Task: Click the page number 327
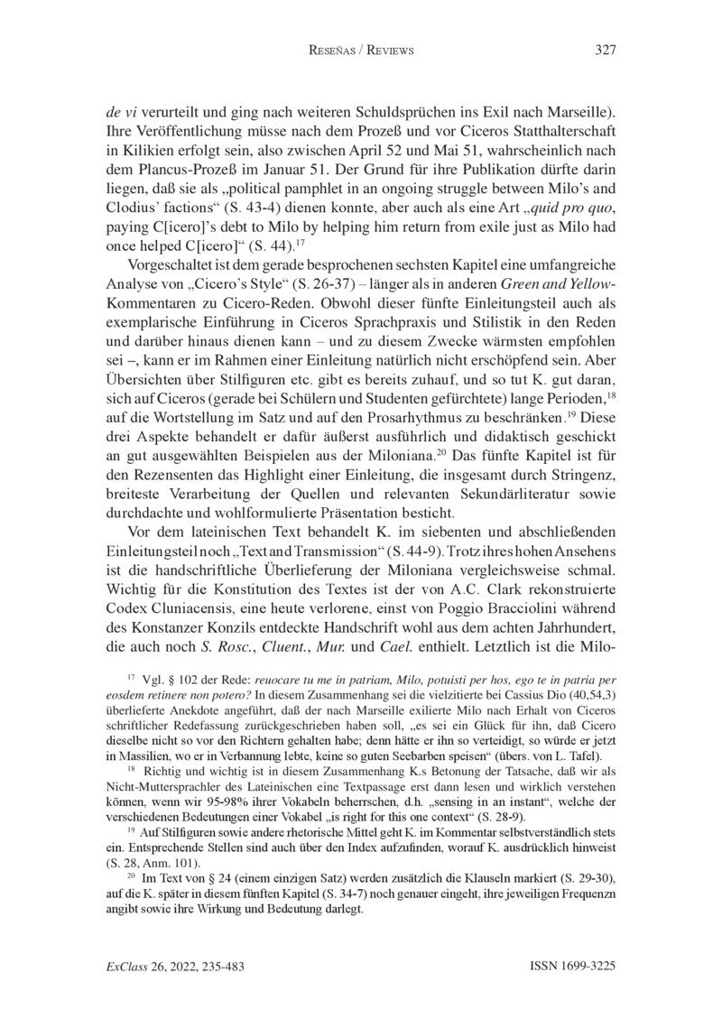coord(605,51)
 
